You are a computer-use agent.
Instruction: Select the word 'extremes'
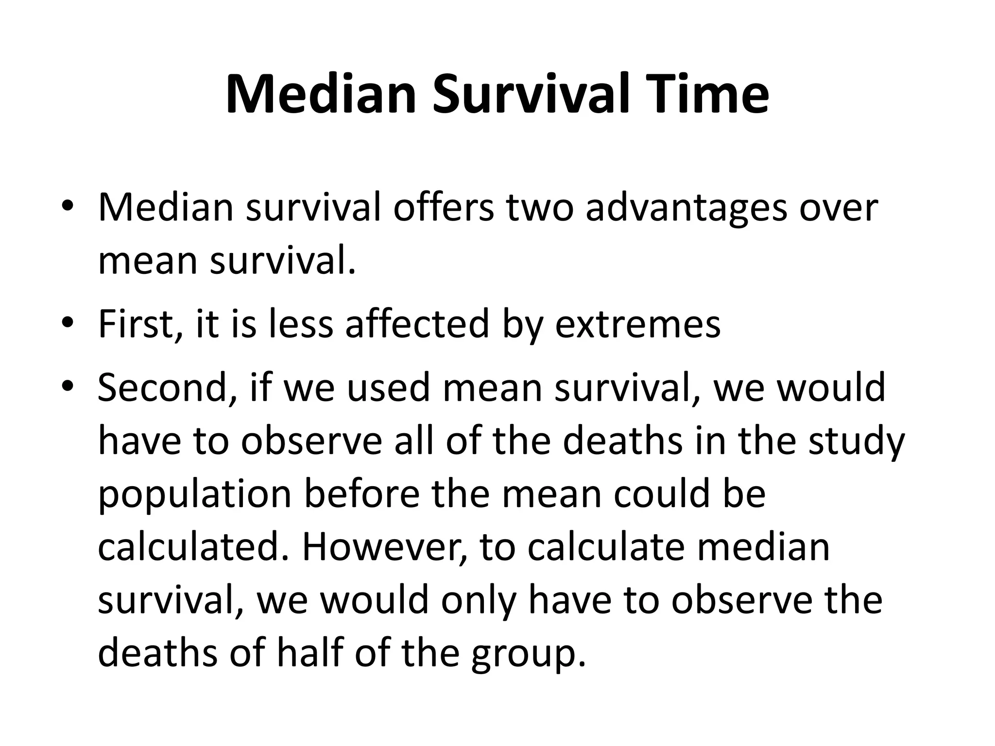[x=637, y=324]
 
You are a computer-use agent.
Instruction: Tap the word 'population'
[x=194, y=495]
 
